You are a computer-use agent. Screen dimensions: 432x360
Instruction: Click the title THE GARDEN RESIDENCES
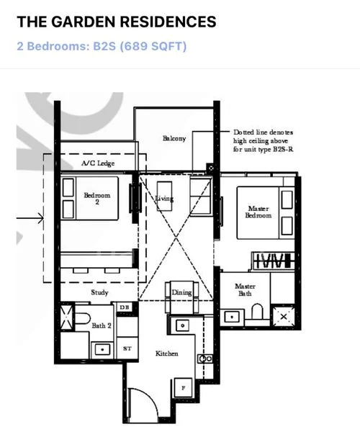click(x=116, y=22)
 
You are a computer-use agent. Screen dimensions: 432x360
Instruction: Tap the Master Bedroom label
click(x=258, y=212)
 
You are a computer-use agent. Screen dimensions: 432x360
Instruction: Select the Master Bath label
click(x=245, y=290)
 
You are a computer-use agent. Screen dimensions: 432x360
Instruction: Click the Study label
click(x=99, y=293)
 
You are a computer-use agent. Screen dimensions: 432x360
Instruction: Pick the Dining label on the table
click(x=181, y=292)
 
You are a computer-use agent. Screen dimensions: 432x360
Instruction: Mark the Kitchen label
click(x=167, y=354)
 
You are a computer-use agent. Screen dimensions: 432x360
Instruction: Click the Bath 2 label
click(x=100, y=326)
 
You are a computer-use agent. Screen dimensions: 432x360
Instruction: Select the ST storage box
click(x=127, y=348)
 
